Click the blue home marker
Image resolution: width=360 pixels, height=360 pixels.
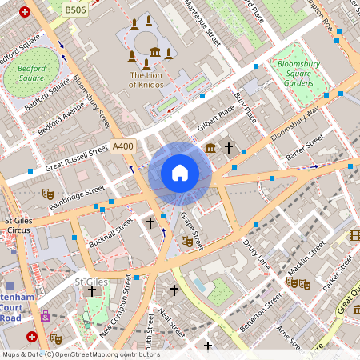click(180, 173)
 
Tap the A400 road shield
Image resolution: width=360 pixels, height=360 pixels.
click(123, 146)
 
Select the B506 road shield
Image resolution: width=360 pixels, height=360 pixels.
click(74, 10)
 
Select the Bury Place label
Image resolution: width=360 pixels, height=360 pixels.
click(246, 107)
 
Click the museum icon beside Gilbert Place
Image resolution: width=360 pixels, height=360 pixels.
click(210, 148)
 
